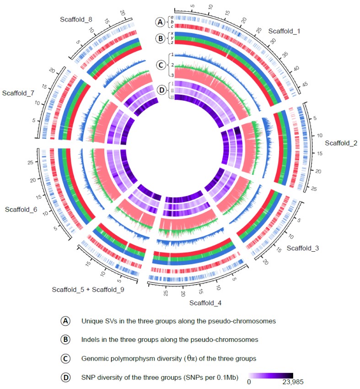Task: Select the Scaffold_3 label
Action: coord(302,248)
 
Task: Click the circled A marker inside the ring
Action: coord(160,22)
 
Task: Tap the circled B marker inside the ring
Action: coord(160,38)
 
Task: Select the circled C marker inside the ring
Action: coord(160,65)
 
